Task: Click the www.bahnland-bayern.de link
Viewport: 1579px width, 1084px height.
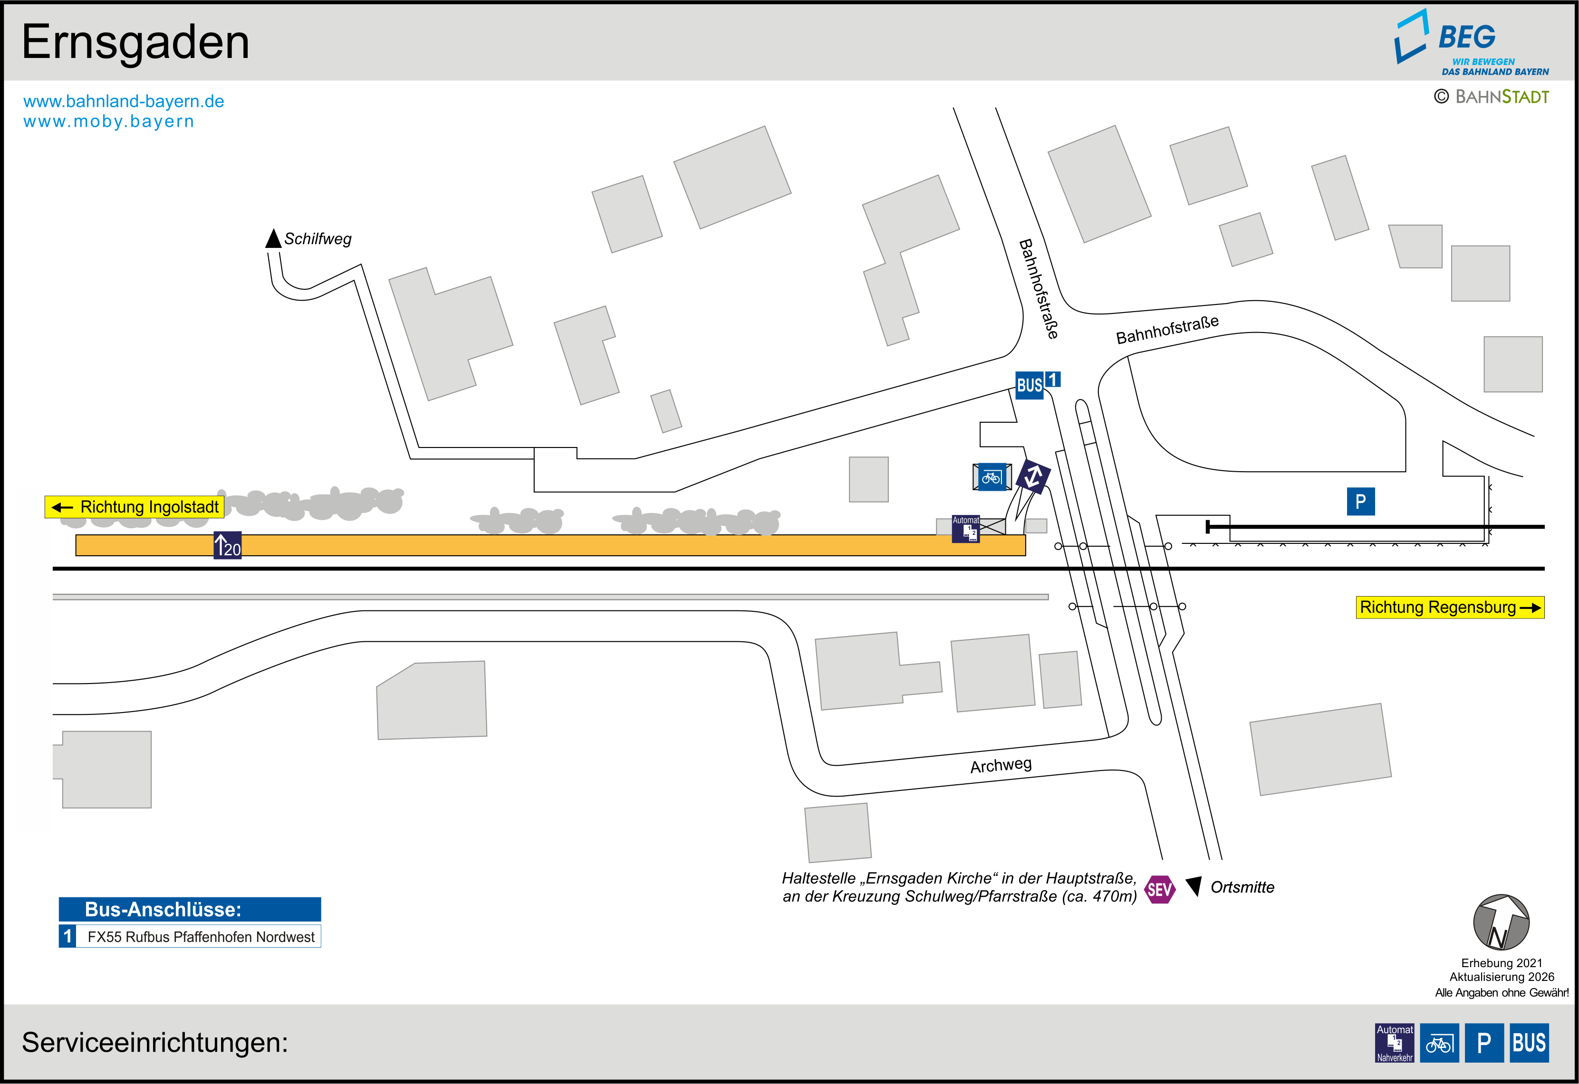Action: [124, 101]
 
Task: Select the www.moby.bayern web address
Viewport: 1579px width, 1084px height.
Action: [109, 122]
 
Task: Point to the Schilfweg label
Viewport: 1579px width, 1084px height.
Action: [318, 239]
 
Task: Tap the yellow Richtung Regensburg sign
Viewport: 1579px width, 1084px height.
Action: [1450, 607]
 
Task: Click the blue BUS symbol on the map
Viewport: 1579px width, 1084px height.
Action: [1030, 385]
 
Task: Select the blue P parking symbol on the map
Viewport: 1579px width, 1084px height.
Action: [1360, 501]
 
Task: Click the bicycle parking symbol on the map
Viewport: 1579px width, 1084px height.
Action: [992, 477]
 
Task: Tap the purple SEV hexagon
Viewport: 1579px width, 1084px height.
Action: [1160, 889]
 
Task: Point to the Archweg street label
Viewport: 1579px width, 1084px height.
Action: [1001, 765]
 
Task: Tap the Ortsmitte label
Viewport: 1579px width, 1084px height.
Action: [1242, 887]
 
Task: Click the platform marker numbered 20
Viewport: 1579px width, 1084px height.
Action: [228, 545]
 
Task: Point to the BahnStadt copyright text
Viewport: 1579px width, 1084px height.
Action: [1492, 97]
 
